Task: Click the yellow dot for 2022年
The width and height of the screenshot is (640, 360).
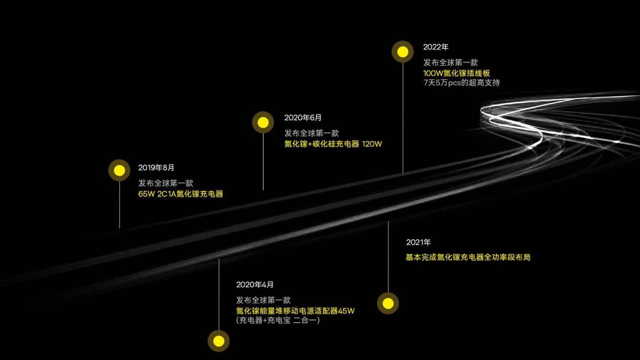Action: pos(403,52)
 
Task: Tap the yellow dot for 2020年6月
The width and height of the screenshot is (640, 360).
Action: pos(263,123)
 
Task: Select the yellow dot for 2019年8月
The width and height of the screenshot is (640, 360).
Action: pos(119,171)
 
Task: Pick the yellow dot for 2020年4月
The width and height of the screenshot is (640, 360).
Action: pos(219,341)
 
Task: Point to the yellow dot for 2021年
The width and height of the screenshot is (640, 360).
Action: pos(388,303)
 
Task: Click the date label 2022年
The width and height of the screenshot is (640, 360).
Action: pos(436,47)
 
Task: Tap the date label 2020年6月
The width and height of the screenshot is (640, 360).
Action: pos(303,118)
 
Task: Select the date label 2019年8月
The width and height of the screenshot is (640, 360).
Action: pos(156,168)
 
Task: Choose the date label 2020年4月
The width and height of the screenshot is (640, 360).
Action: pos(255,285)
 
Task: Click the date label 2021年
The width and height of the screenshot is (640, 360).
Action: pos(418,243)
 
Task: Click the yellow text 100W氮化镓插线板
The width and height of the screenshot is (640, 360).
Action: pos(457,73)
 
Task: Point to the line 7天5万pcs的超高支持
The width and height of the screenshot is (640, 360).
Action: pos(461,83)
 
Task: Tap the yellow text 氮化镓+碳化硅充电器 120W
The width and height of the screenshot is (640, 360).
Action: pos(333,144)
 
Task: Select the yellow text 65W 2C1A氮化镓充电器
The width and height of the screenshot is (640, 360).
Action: pos(180,194)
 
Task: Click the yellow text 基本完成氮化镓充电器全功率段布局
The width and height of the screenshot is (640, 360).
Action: pos(468,258)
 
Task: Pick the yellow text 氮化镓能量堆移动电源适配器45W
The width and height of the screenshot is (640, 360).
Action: pos(295,311)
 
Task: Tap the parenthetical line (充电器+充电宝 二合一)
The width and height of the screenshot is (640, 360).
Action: pos(278,320)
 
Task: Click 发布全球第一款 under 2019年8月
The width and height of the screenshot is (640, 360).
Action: pos(165,183)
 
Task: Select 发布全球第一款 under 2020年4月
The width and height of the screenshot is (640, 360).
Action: pos(263,300)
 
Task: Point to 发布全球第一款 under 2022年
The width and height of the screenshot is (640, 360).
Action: pos(451,63)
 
